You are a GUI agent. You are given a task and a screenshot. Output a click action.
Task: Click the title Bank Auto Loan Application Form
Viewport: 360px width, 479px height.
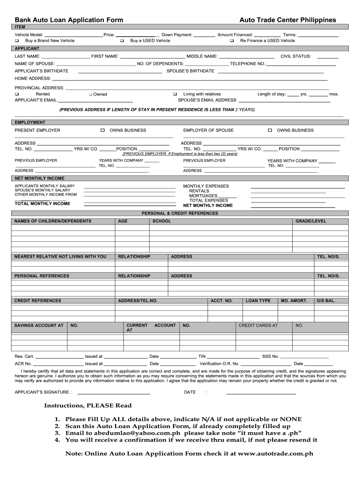point(69,20)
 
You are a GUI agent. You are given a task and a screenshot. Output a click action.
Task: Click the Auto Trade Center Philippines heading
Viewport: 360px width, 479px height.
point(288,20)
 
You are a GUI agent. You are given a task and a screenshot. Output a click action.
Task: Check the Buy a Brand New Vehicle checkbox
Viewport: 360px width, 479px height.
point(17,41)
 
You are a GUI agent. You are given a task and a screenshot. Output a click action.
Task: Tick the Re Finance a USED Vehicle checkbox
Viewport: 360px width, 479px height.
point(232,41)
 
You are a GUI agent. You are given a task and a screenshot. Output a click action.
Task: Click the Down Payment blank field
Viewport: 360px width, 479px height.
point(204,35)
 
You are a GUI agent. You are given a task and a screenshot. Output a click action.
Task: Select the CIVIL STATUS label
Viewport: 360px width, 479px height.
point(295,56)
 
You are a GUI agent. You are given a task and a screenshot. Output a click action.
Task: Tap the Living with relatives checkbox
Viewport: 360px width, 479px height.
point(175,94)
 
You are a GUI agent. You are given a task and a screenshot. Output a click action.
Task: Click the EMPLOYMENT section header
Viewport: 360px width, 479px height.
point(30,123)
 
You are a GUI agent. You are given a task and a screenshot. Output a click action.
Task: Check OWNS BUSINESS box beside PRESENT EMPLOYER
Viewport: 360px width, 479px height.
point(102,131)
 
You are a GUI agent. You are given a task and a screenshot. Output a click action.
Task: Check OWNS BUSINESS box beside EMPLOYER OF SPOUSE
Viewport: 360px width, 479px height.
point(270,131)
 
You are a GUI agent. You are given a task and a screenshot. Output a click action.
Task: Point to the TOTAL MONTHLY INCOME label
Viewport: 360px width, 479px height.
point(43,203)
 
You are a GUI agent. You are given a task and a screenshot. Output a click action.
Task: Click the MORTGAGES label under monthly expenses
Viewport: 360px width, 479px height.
point(203,196)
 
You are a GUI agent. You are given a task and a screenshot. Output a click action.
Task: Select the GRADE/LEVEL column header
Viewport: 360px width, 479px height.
point(310,221)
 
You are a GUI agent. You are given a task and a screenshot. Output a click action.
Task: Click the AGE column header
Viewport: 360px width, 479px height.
point(122,221)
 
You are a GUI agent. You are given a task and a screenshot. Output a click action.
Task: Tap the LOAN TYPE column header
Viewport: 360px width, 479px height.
point(258,301)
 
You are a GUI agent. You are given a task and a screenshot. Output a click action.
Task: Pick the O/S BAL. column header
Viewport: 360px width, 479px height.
point(326,301)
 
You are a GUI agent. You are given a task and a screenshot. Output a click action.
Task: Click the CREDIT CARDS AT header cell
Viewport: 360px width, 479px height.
point(258,325)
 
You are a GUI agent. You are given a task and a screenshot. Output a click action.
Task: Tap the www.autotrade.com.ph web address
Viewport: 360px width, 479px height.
point(275,453)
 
